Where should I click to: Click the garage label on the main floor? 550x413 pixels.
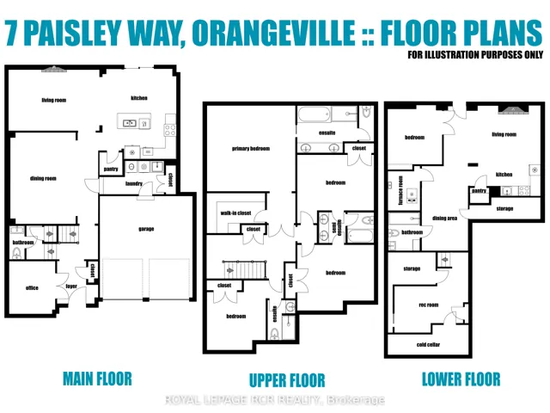coord(146,229)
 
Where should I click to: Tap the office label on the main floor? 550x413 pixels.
coord(32,288)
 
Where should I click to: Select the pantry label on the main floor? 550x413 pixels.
coord(111,170)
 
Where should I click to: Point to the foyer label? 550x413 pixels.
coord(71,287)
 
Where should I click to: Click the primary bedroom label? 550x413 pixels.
coord(251,149)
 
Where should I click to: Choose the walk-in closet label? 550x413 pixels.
coord(235,213)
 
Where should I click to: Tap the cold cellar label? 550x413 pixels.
coord(428,344)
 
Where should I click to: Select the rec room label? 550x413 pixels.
coord(428,305)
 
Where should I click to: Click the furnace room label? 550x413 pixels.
coord(400,191)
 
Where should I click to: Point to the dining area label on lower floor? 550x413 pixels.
coord(444,218)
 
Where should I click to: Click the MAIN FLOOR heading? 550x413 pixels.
coord(97,379)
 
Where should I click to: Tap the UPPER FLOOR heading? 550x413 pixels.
coord(287,380)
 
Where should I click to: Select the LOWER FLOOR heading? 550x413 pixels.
coord(461,379)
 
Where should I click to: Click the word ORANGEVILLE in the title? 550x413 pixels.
coord(273,33)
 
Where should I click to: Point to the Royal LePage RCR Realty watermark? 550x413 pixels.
coord(275,400)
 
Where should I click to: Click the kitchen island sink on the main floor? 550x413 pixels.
coord(130,123)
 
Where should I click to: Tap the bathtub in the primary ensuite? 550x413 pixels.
coord(314,114)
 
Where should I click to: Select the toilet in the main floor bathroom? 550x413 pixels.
coord(16,252)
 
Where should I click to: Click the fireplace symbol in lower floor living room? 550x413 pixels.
coord(513,110)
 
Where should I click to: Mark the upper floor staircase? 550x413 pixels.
coord(244,269)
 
